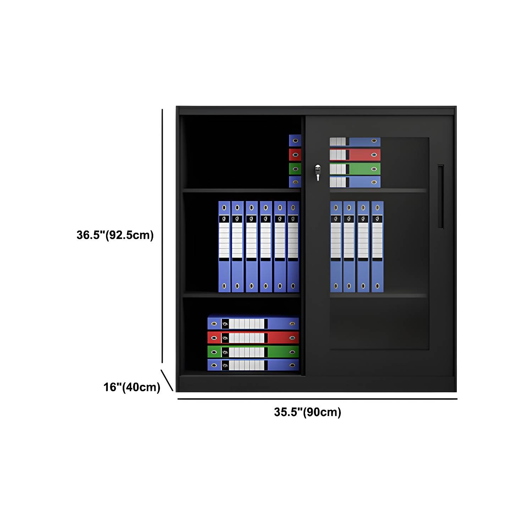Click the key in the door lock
[318, 172]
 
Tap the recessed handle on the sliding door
[440, 196]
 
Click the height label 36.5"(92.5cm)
[115, 235]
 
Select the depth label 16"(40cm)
[132, 387]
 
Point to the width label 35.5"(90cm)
[307, 412]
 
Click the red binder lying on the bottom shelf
[253, 337]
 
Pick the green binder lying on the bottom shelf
[253, 351]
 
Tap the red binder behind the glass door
[355, 155]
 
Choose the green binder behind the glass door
[355, 168]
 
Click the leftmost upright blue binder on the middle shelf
[224, 247]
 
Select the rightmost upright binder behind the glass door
[377, 247]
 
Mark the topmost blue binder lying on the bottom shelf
[253, 323]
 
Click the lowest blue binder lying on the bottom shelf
[253, 365]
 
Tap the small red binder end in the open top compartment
[295, 155]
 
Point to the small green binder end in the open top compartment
[295, 168]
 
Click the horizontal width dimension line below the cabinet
[317, 399]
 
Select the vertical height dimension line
[162, 236]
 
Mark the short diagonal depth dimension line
[167, 380]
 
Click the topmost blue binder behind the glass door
[355, 142]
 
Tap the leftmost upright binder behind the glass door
[336, 247]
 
